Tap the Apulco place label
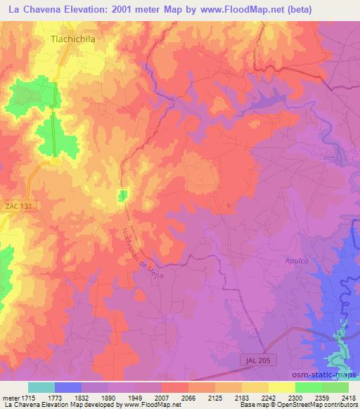point(297,260)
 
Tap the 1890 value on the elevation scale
point(108,398)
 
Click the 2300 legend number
point(295,398)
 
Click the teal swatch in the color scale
point(41,387)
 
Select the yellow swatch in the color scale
point(282,387)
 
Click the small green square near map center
point(123,195)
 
